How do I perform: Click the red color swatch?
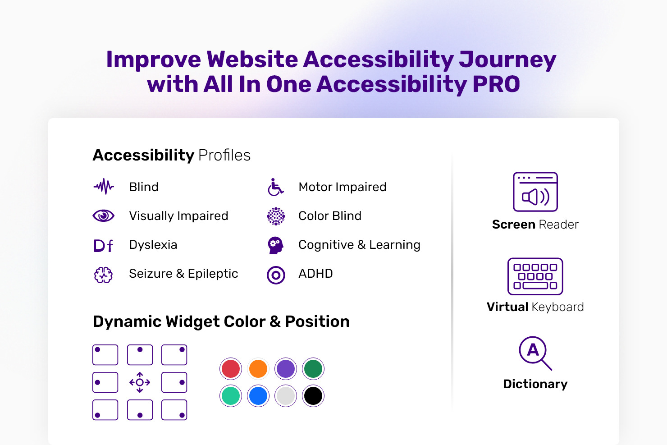230,369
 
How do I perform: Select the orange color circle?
258,369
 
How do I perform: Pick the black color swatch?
313,396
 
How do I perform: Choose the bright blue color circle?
258,396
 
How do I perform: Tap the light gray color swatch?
286,396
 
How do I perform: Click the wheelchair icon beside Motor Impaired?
275,188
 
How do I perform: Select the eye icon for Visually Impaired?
103,216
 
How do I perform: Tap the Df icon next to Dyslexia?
103,246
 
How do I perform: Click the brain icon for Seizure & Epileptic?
103,275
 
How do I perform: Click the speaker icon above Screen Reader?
535,192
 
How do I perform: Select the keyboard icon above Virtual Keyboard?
535,276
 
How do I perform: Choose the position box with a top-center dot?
140,355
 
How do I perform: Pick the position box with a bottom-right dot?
174,410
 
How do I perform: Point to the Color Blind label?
330,216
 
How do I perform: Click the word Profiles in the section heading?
224,155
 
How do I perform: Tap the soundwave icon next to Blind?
104,187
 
